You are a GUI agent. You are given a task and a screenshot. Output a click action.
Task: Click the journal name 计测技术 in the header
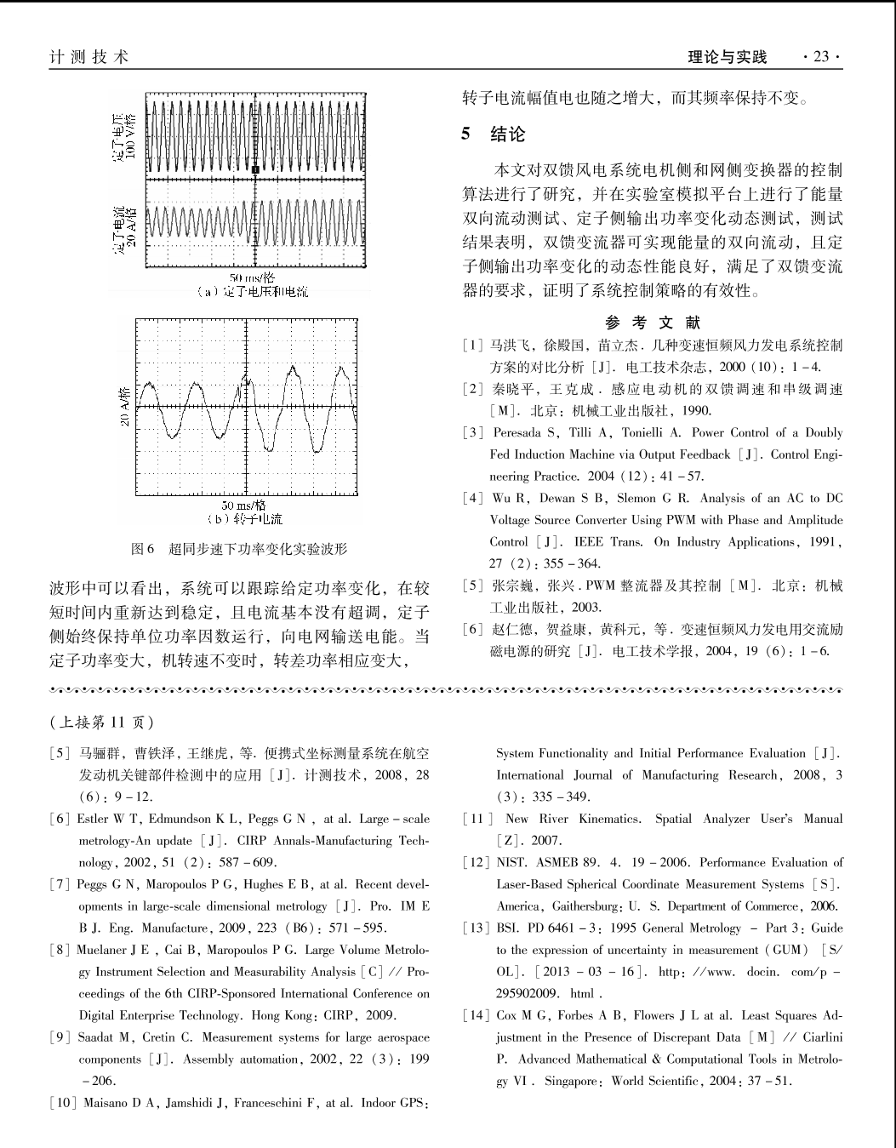pos(89,57)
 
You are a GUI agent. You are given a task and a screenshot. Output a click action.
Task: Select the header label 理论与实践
pos(727,57)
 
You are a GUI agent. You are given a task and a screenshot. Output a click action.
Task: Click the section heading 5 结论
pos(494,134)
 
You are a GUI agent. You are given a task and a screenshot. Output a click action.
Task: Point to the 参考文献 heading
pos(653,323)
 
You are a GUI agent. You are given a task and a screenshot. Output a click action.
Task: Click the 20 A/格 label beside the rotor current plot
pos(124,407)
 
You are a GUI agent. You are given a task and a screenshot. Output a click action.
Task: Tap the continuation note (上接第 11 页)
pos(102,722)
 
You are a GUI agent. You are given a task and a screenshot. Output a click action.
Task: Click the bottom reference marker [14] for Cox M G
pos(477,1015)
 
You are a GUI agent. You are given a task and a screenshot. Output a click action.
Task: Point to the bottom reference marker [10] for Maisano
pos(64,1104)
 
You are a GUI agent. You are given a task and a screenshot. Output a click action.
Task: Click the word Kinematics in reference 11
pos(609,819)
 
